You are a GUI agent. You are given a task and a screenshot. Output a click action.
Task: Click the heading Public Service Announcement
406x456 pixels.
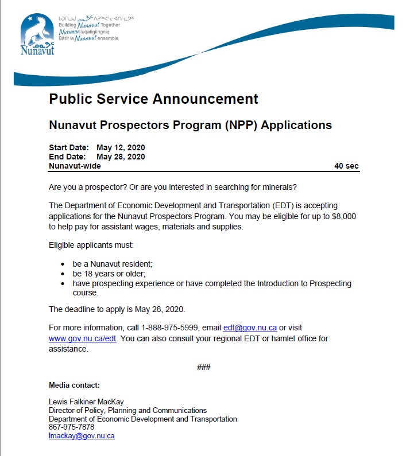pyautogui.click(x=153, y=99)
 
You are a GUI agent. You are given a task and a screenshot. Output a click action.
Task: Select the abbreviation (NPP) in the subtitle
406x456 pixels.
pyautogui.click(x=240, y=125)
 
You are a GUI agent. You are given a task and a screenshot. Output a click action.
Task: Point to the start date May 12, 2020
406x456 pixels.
pyautogui.click(x=120, y=147)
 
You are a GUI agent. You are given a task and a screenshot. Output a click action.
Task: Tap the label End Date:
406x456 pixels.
pyautogui.click(x=67, y=157)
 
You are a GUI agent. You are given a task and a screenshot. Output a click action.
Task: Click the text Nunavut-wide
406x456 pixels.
pyautogui.click(x=75, y=166)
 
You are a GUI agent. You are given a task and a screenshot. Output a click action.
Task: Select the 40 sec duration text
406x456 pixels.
pyautogui.click(x=346, y=166)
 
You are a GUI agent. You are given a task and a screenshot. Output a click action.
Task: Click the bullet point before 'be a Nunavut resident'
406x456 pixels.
pyautogui.click(x=63, y=264)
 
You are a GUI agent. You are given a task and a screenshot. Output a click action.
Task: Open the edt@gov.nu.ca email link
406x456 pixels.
pyautogui.click(x=250, y=328)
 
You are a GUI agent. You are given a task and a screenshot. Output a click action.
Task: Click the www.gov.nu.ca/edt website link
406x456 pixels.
pyautogui.click(x=83, y=338)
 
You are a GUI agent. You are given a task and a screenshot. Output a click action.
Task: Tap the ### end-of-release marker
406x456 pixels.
pyautogui.click(x=204, y=367)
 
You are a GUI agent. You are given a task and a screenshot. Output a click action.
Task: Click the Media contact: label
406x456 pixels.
pyautogui.click(x=74, y=384)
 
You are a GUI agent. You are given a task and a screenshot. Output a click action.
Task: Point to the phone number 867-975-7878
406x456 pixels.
pyautogui.click(x=71, y=427)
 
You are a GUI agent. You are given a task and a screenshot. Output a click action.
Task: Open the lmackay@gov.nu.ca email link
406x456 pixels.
pyautogui.click(x=82, y=436)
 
